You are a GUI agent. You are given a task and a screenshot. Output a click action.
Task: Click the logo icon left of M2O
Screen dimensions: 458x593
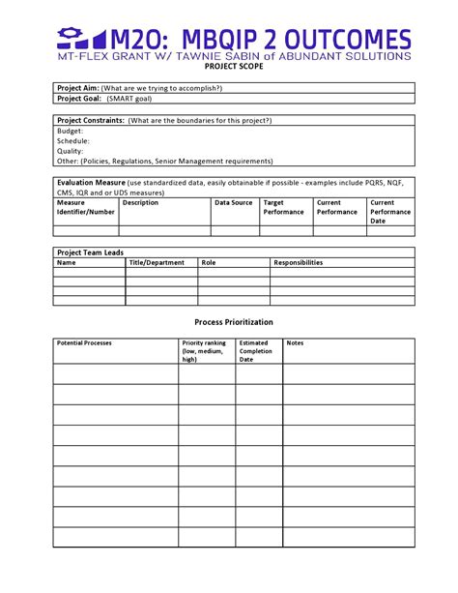click(x=80, y=39)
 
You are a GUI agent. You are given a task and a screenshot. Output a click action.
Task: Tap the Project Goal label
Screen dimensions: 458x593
click(x=79, y=99)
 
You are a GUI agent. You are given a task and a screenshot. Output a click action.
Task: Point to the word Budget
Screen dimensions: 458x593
click(x=70, y=131)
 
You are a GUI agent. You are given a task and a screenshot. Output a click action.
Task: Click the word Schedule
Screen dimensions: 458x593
click(x=73, y=141)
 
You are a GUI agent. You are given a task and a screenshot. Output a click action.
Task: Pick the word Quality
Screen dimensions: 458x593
click(x=70, y=151)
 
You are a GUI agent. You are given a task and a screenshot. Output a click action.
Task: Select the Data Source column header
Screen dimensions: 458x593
click(x=234, y=203)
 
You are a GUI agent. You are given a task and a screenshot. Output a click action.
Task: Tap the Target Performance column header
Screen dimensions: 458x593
click(x=283, y=207)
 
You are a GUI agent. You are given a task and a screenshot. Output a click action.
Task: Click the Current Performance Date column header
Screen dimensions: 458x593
click(x=389, y=212)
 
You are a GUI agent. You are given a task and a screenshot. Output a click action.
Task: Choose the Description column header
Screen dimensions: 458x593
click(x=140, y=203)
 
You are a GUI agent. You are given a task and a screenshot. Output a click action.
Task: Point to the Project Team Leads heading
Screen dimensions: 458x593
click(x=90, y=252)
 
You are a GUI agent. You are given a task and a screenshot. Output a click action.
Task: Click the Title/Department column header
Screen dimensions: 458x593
click(x=156, y=262)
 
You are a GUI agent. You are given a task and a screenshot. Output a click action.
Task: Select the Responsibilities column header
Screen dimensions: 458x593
click(x=299, y=262)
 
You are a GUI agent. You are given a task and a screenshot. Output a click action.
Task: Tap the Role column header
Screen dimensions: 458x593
click(x=209, y=262)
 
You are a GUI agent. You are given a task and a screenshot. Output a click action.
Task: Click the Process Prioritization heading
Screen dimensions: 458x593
click(x=234, y=322)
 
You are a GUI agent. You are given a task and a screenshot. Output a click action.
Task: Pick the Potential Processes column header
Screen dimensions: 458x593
click(x=85, y=343)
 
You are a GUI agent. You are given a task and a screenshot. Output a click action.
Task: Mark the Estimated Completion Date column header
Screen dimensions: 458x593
click(x=255, y=351)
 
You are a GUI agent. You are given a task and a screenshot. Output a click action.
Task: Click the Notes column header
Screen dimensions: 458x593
click(x=295, y=343)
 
